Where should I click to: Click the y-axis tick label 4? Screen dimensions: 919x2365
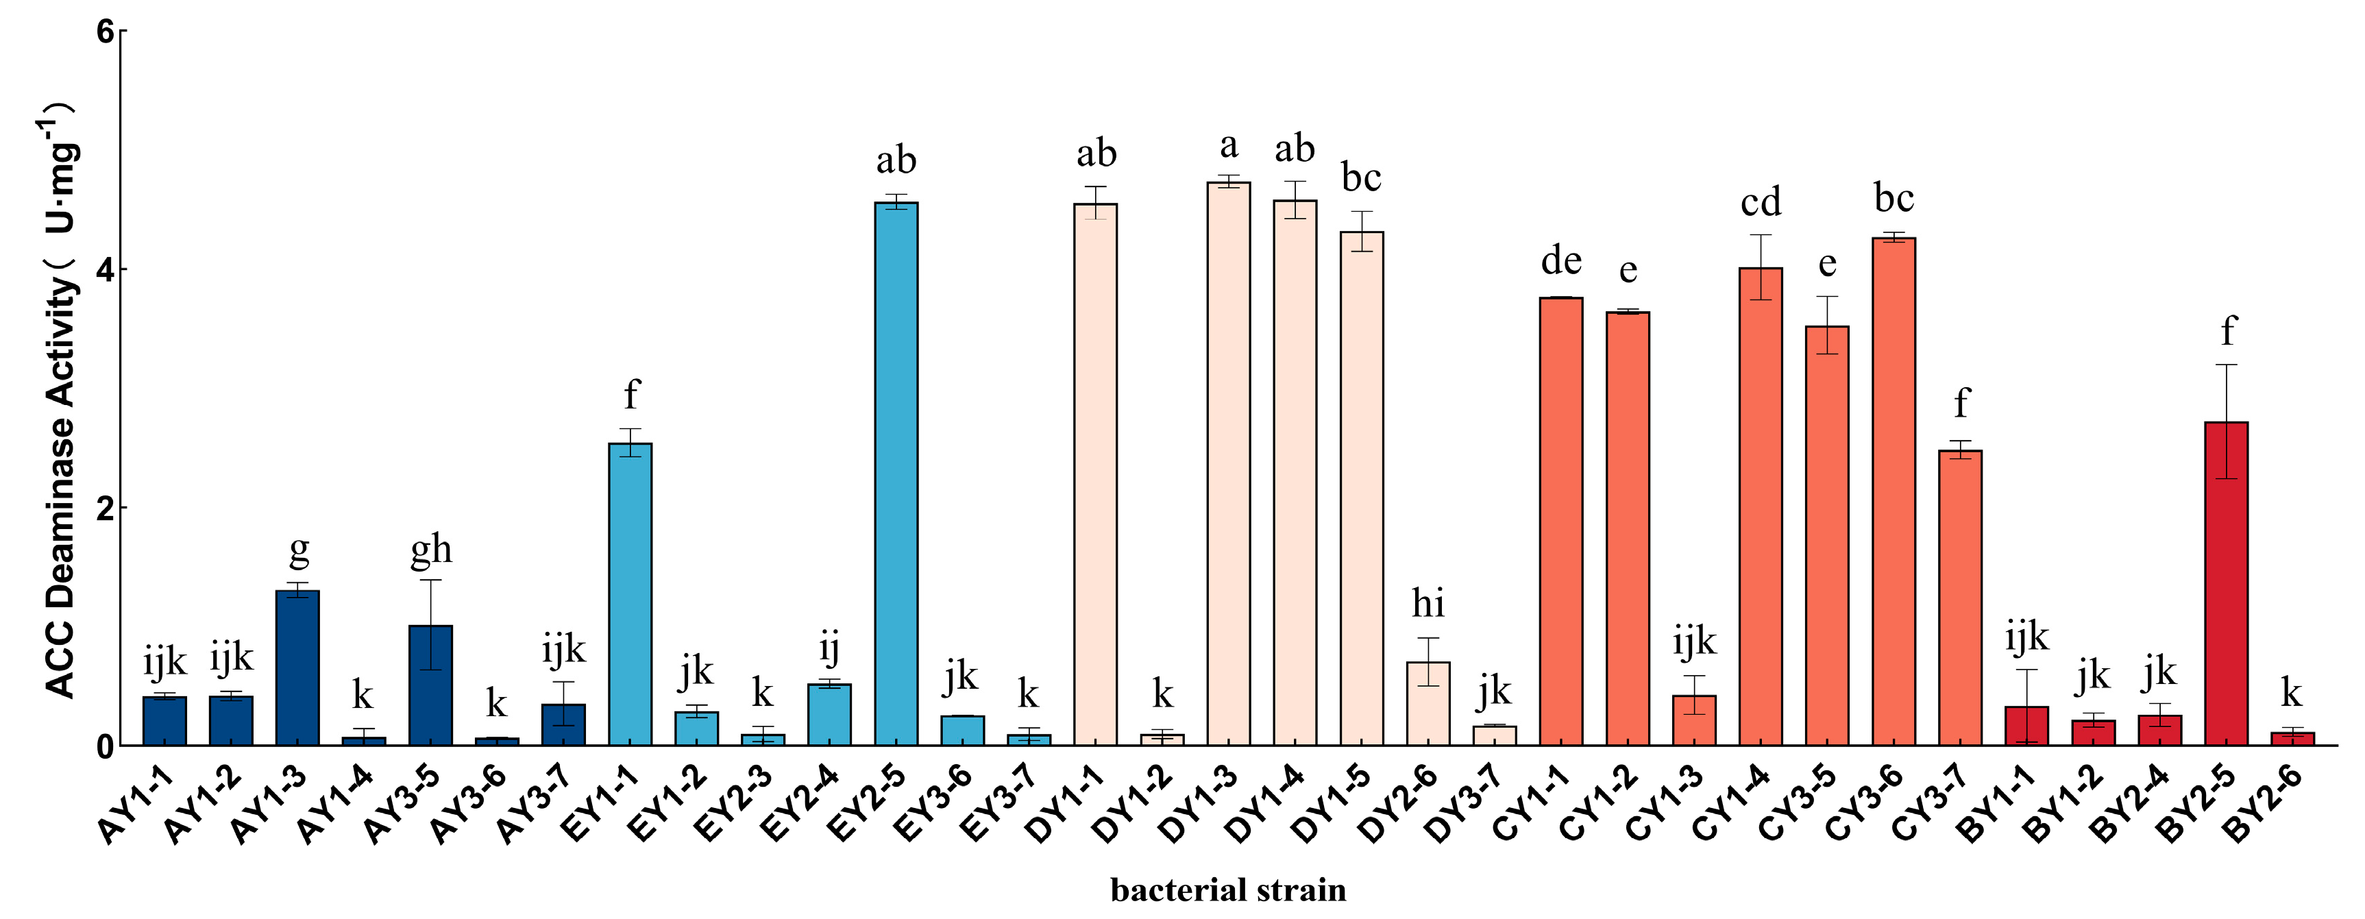[x=106, y=270]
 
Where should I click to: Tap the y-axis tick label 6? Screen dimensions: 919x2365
[x=106, y=33]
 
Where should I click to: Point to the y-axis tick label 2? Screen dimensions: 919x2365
[x=106, y=508]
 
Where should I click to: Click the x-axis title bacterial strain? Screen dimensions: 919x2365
[x=1227, y=890]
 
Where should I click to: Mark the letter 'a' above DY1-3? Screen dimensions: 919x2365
[x=1228, y=146]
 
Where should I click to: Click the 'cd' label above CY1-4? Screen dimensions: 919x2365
[x=1760, y=202]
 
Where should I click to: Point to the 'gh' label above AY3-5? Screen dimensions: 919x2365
[x=430, y=550]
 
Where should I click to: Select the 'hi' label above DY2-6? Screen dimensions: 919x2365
[x=1427, y=604]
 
